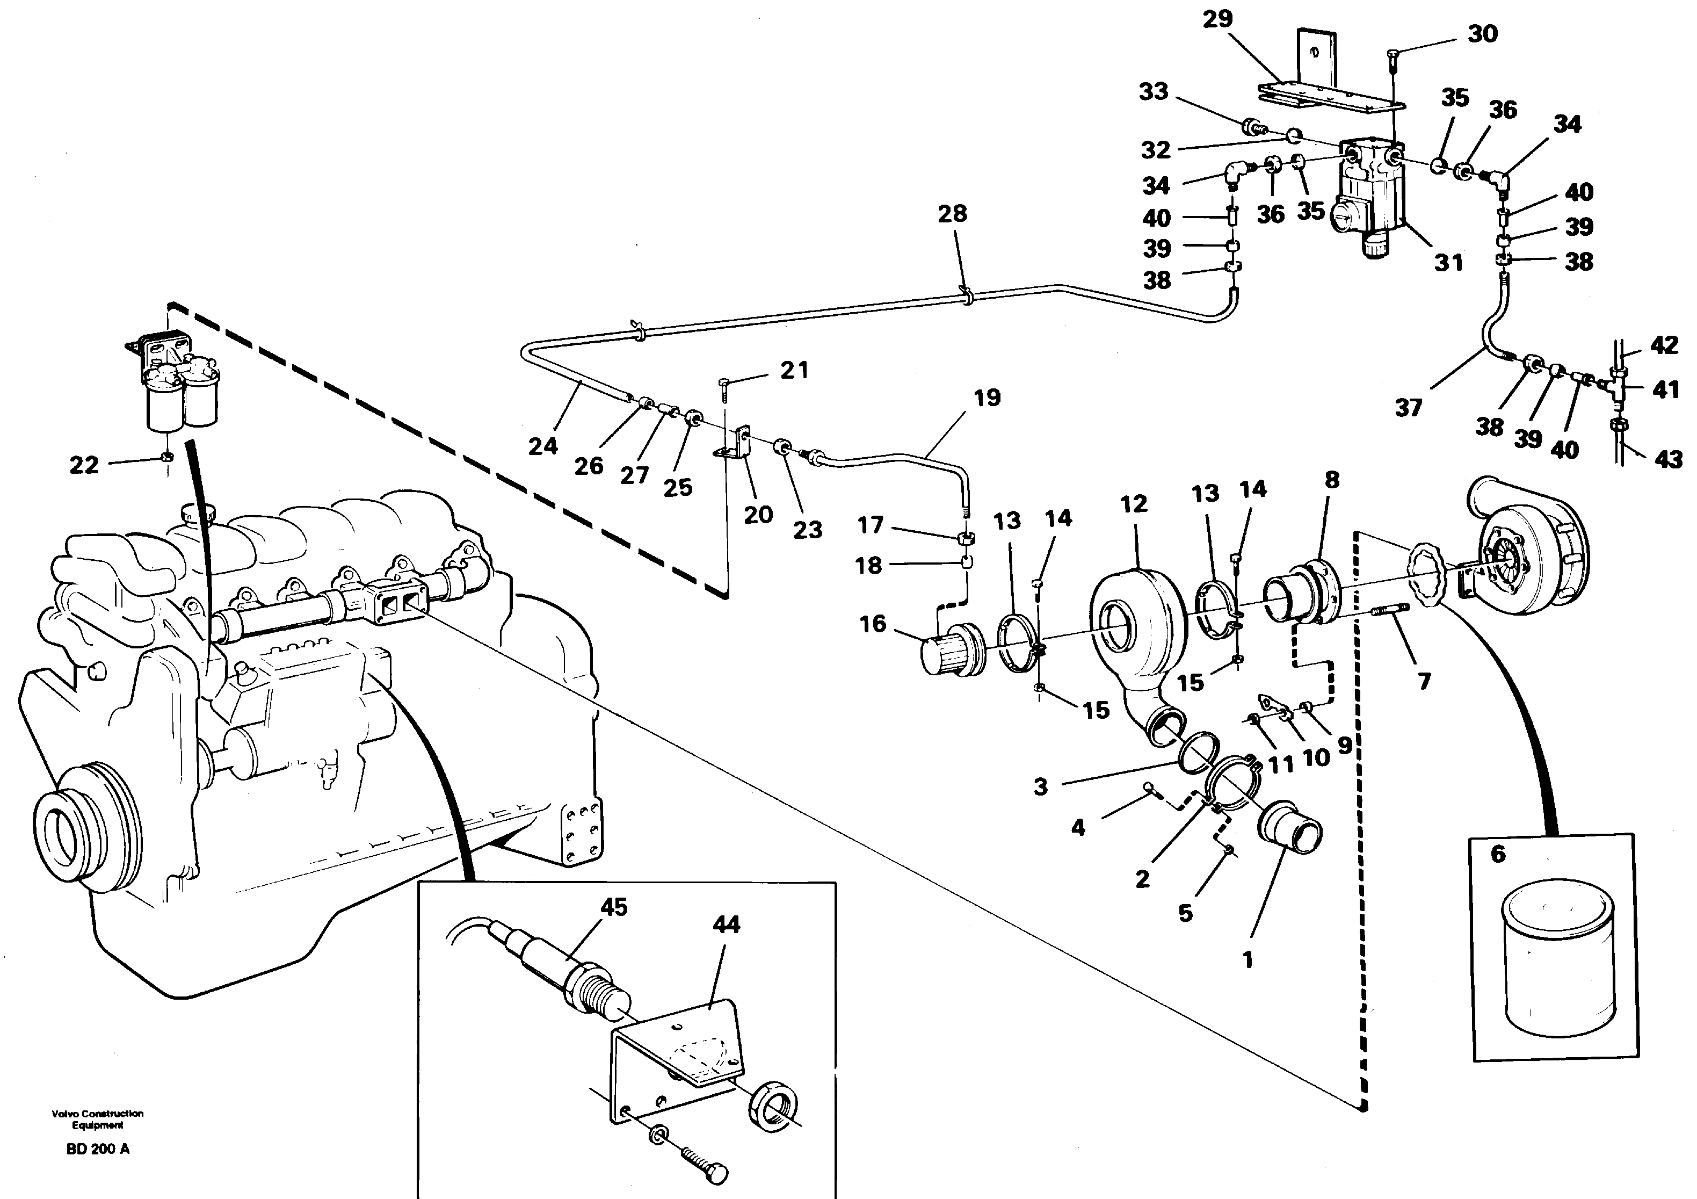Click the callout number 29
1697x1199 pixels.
click(x=1217, y=18)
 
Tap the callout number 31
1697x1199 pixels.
click(x=1449, y=263)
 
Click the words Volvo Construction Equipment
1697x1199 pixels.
click(x=98, y=1119)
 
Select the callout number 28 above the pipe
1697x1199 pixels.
click(x=952, y=214)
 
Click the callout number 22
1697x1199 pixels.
click(x=84, y=465)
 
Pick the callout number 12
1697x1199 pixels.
click(x=1133, y=504)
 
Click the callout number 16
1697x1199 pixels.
click(x=872, y=624)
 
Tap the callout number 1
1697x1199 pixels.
click(x=1248, y=960)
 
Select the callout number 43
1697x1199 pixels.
click(x=1668, y=460)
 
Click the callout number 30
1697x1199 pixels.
click(x=1482, y=34)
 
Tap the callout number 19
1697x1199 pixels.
click(x=987, y=398)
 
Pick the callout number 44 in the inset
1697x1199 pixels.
click(x=726, y=924)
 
